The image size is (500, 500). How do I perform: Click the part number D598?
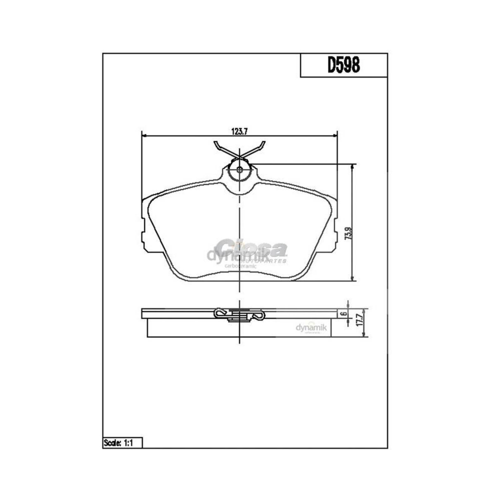(344, 65)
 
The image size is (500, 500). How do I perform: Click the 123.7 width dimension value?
(239, 132)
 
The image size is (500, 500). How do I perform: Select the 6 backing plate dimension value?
(345, 313)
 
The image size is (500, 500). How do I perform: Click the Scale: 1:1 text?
(118, 443)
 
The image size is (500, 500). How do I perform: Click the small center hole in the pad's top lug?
(240, 170)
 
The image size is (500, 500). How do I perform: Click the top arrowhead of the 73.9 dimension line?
(353, 167)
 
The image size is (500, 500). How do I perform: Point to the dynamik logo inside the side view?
(311, 327)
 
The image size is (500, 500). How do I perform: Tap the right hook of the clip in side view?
(259, 317)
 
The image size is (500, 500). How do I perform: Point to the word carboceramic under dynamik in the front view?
(241, 266)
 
